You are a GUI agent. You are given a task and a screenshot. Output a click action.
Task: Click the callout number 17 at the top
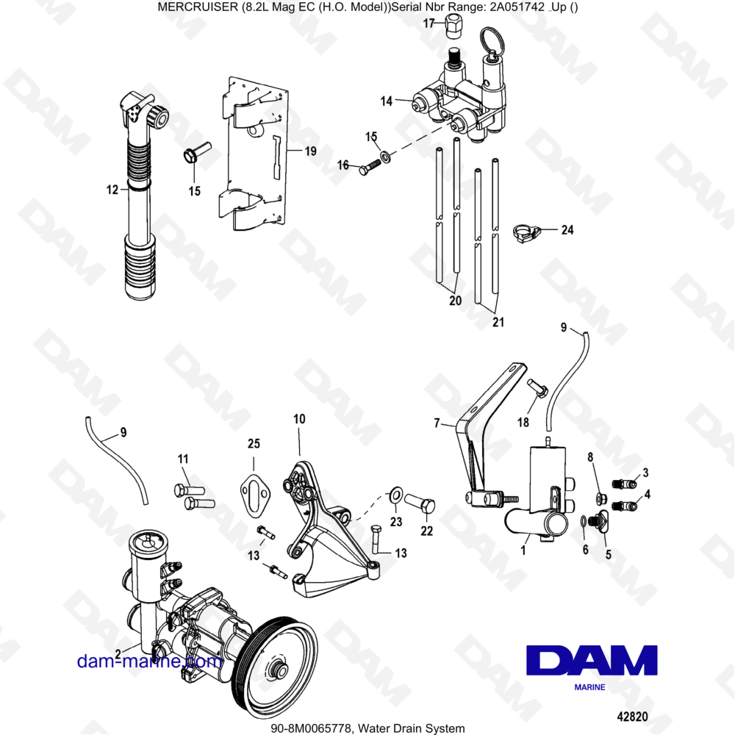429,24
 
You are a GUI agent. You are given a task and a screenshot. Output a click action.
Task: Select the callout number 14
387,101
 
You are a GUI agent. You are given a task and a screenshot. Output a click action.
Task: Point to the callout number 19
310,152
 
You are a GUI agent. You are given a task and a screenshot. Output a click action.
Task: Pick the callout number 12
112,190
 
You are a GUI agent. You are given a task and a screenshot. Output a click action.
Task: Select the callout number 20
455,301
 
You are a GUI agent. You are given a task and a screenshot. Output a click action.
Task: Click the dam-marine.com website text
149,661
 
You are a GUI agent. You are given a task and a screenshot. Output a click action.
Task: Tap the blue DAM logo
592,661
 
